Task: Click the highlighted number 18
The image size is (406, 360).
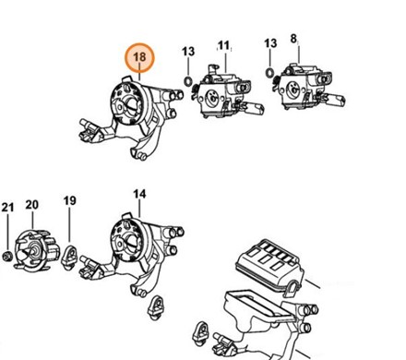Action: pos(139,57)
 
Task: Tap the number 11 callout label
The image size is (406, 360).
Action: pos(223,45)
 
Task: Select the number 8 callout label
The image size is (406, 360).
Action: pos(293,39)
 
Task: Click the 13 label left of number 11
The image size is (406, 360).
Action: pos(188,52)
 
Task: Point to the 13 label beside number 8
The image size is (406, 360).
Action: pos(270,43)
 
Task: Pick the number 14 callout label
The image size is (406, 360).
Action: pos(139,194)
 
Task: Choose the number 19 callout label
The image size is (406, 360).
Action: pos(69,200)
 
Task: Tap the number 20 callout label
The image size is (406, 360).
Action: pos(32,205)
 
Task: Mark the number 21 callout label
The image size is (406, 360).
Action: pos(7,208)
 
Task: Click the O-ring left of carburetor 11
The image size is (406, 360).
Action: pos(188,82)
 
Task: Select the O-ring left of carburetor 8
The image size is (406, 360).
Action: pos(269,73)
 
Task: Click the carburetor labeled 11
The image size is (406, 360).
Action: pos(227,91)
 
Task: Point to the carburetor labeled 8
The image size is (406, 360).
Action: pos(307,87)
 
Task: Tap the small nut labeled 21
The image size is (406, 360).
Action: pos(6,256)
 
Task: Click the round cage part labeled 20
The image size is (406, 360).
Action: pos(37,250)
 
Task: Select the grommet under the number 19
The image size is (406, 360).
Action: pos(70,256)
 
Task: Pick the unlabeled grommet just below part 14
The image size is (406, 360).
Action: pos(156,307)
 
